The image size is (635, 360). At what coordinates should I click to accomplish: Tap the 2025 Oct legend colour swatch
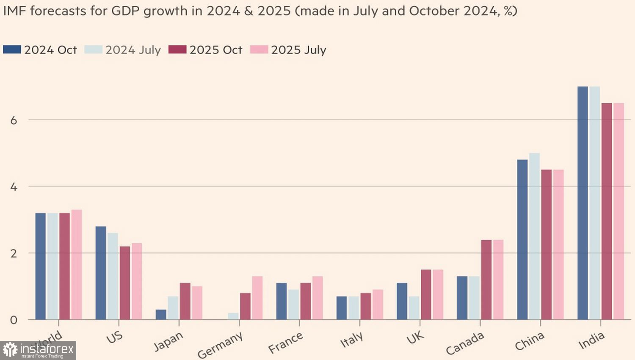pyautogui.click(x=177, y=50)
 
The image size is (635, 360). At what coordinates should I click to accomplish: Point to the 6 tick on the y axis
pyautogui.click(x=14, y=120)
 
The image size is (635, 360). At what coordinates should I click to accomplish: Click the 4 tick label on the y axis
pyautogui.click(x=14, y=187)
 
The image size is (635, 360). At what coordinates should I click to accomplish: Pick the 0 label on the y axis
pyautogui.click(x=14, y=320)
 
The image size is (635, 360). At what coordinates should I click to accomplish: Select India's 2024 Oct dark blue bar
pyautogui.click(x=583, y=203)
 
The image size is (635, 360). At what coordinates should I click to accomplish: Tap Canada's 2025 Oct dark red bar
pyautogui.click(x=486, y=280)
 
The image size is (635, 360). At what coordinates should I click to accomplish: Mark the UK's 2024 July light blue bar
pyautogui.click(x=414, y=308)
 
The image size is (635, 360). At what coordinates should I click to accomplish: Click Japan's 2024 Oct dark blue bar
pyautogui.click(x=161, y=315)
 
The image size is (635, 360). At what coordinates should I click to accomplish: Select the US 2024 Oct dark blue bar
pyautogui.click(x=101, y=273)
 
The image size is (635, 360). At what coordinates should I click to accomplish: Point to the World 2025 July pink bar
pyautogui.click(x=77, y=265)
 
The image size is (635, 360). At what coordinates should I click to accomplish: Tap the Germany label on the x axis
pyautogui.click(x=220, y=344)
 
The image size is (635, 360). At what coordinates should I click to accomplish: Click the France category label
pyautogui.click(x=286, y=342)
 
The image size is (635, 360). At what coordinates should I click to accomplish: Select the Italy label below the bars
pyautogui.click(x=352, y=339)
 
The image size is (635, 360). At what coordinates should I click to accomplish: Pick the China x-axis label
pyautogui.click(x=529, y=341)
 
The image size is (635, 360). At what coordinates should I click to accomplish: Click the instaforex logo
pyautogui.click(x=38, y=350)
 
